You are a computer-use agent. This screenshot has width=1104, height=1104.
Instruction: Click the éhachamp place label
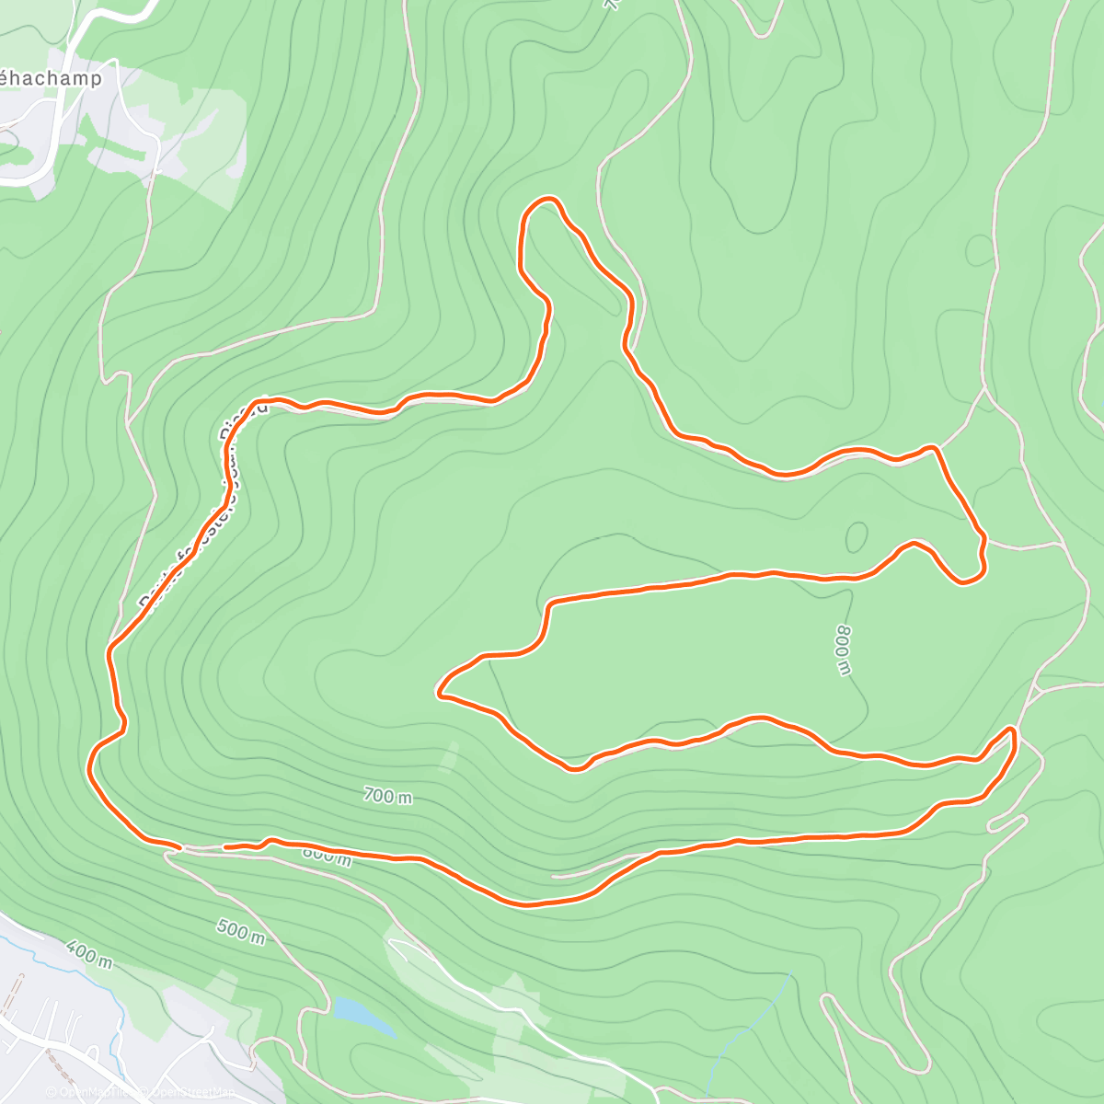(50, 79)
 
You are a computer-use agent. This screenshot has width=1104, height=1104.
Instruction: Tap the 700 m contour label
(387, 796)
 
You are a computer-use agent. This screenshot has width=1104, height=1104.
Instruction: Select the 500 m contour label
(241, 931)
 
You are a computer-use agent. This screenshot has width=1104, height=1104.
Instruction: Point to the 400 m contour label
(89, 954)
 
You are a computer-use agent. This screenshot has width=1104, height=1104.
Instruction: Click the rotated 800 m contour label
(843, 650)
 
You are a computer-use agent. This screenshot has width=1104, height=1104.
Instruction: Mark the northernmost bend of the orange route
(546, 199)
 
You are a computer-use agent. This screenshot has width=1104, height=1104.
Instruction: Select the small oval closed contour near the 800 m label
(857, 537)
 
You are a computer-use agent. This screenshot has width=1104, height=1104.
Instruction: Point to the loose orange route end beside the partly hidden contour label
(226, 846)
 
